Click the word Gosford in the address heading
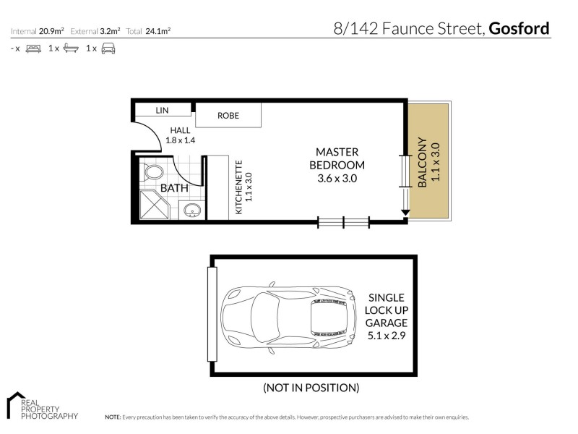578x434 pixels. pos(519,29)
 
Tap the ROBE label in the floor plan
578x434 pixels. pos(228,116)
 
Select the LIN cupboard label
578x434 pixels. pos(162,110)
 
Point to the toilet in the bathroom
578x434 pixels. pos(152,173)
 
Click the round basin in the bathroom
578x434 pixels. pos(192,210)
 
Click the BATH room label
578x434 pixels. pos(173,188)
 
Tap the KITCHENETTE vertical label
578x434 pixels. pos(243,187)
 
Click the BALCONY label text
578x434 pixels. pos(422,163)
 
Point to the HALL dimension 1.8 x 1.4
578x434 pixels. pos(181,140)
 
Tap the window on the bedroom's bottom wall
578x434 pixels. pos(344,222)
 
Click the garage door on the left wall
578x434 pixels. pos(212,315)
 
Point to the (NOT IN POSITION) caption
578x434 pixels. pos(311,388)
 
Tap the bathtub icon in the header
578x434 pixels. pos(71,48)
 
